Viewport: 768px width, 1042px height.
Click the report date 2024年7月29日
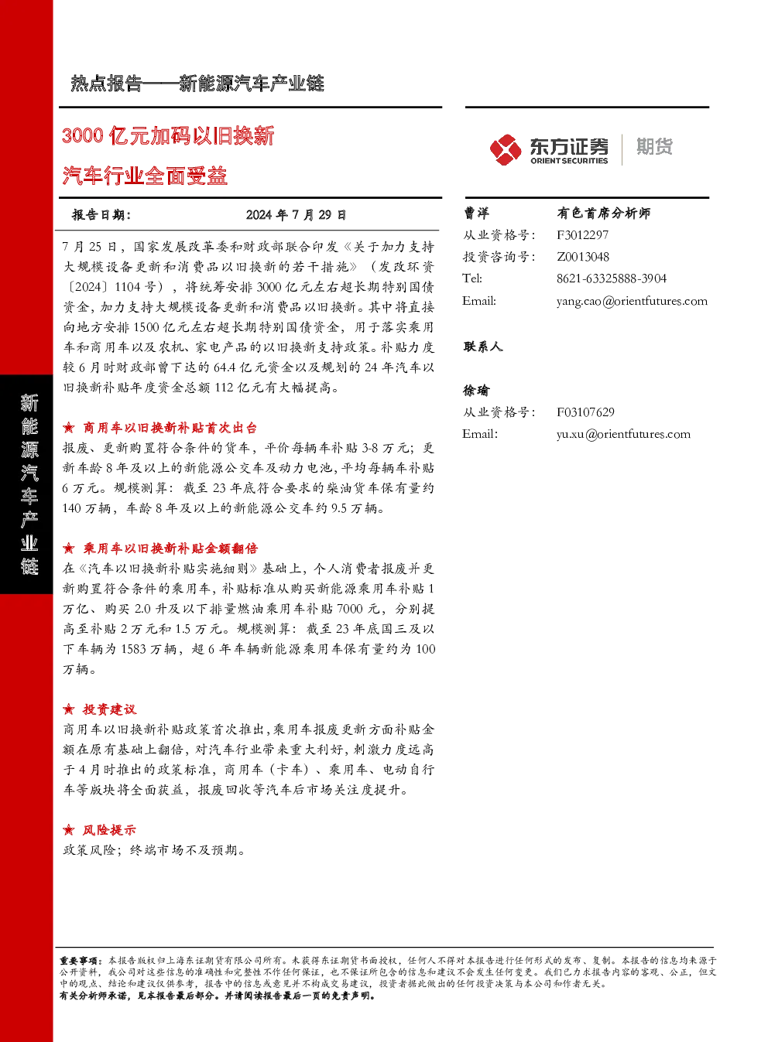click(296, 214)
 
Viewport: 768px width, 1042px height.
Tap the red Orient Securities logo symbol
click(505, 149)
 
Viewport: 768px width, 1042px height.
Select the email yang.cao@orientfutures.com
click(632, 301)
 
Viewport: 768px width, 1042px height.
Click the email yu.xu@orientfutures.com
click(623, 434)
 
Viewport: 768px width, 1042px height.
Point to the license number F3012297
click(582, 235)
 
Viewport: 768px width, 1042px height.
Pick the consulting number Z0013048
click(583, 257)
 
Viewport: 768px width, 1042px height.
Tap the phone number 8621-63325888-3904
click(611, 278)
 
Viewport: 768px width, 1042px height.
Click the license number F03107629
click(585, 412)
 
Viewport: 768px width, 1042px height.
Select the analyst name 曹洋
click(476, 214)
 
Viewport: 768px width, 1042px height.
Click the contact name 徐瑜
click(476, 391)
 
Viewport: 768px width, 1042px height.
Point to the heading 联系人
click(482, 347)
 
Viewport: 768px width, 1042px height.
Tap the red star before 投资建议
click(68, 709)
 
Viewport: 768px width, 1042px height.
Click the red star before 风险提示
click(68, 829)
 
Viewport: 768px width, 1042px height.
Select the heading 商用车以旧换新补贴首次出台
click(170, 428)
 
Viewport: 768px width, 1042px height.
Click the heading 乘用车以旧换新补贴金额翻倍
click(170, 548)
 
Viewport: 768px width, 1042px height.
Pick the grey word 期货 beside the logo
click(654, 146)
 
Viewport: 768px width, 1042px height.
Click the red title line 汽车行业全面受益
click(145, 176)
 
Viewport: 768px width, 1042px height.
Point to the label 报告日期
click(101, 214)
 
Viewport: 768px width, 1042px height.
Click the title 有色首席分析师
click(603, 214)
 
